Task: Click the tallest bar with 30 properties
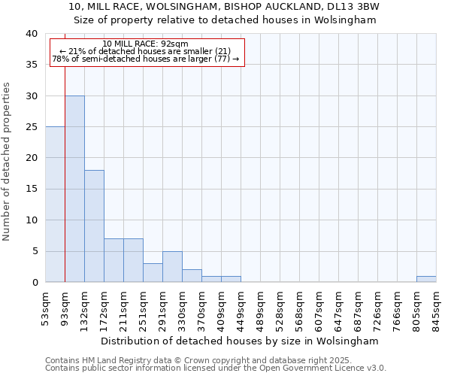(x=74, y=189)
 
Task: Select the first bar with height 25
(x=55, y=205)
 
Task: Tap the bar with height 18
(x=94, y=226)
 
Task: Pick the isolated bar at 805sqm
(x=426, y=279)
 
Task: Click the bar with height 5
(x=172, y=267)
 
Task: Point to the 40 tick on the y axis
(x=31, y=34)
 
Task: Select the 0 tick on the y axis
(x=34, y=283)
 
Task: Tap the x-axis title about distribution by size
(x=241, y=341)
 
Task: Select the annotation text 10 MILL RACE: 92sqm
(x=145, y=44)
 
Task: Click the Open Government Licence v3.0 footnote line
(x=216, y=368)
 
